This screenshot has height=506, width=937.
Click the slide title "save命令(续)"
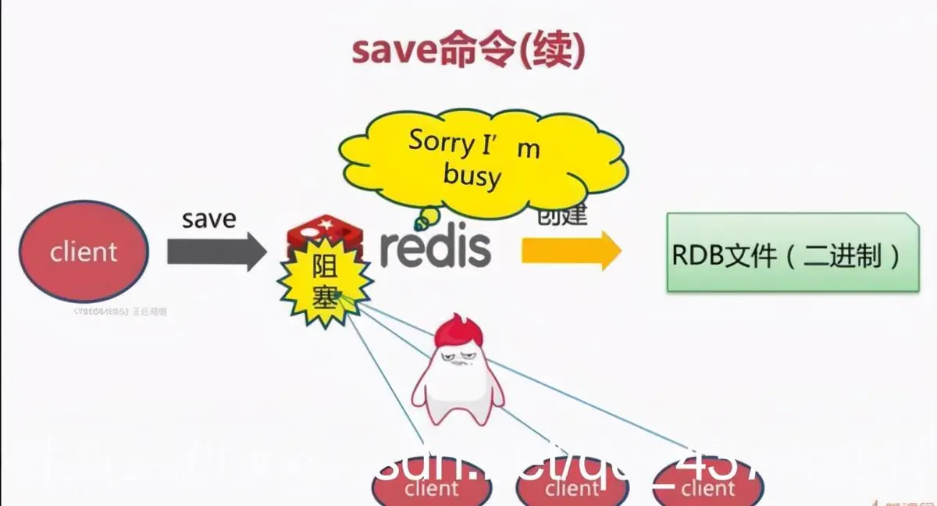(468, 51)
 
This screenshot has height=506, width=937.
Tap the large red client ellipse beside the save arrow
(83, 251)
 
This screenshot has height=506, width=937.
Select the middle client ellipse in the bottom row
(572, 487)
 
